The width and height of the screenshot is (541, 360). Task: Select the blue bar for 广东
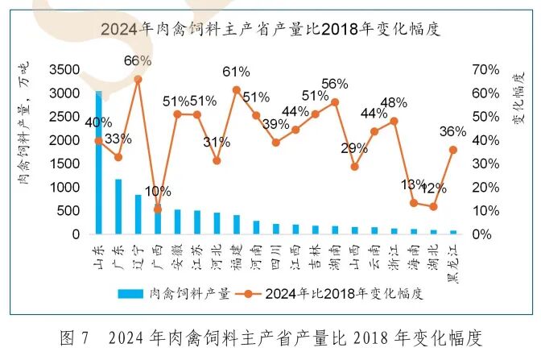pyautogui.click(x=118, y=206)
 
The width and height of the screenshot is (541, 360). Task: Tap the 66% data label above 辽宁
pyautogui.click(x=138, y=61)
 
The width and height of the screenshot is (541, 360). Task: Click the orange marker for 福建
pyautogui.click(x=237, y=90)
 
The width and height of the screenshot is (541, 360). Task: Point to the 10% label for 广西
pyautogui.click(x=158, y=192)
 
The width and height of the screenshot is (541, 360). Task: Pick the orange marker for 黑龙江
pyautogui.click(x=453, y=150)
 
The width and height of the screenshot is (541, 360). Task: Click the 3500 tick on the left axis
pyautogui.click(x=65, y=70)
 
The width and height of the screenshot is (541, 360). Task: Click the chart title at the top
pyautogui.click(x=271, y=29)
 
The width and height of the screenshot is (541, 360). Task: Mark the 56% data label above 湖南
pyautogui.click(x=334, y=84)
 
